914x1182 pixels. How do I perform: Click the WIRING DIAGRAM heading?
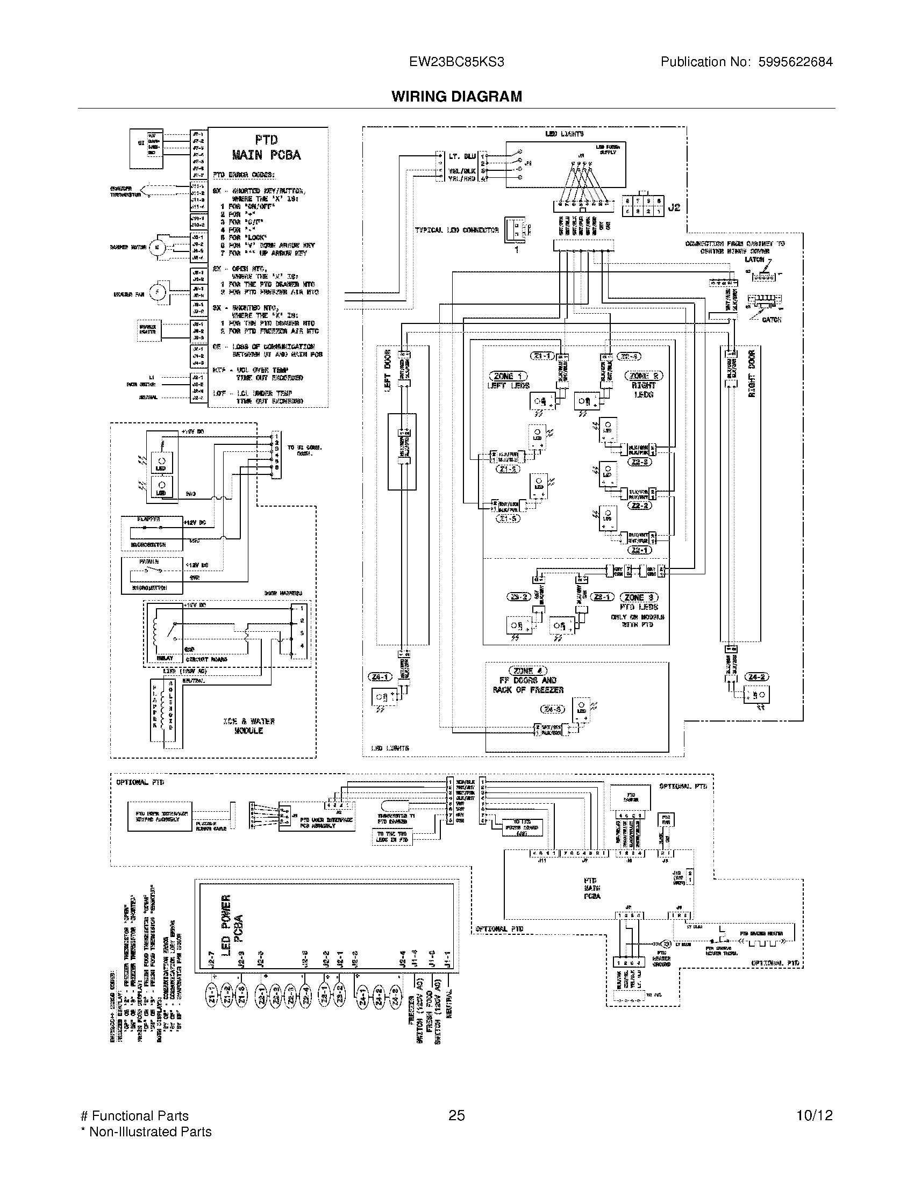[456, 96]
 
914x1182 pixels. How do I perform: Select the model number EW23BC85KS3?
[456, 62]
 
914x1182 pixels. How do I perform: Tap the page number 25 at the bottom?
[456, 1115]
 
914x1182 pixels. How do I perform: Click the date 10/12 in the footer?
[814, 1115]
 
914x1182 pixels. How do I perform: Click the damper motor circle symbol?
[157, 247]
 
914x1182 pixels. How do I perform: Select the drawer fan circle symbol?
[157, 293]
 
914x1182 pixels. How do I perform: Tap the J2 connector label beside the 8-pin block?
[674, 207]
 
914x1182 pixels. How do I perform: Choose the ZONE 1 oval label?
[508, 376]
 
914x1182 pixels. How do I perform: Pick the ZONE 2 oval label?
[644, 376]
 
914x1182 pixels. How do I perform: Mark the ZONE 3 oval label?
[639, 597]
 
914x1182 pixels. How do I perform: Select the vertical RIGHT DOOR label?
[752, 373]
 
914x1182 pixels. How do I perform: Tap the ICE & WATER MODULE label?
[248, 726]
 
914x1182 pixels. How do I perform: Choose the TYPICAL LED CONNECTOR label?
[456, 230]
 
